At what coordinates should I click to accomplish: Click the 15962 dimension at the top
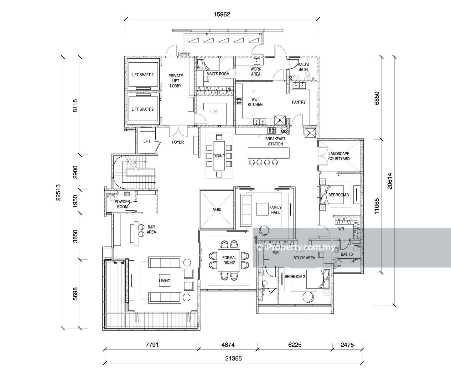pyautogui.click(x=222, y=14)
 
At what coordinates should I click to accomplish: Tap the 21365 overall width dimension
pyautogui.click(x=234, y=365)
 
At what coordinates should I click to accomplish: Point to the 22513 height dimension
pyautogui.click(x=58, y=192)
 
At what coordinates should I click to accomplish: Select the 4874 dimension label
pyautogui.click(x=228, y=345)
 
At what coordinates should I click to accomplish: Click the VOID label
pyautogui.click(x=217, y=209)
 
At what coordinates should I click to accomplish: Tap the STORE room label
pyautogui.click(x=214, y=112)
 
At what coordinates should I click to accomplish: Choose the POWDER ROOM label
pyautogui.click(x=122, y=204)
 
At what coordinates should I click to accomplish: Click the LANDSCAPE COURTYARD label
pyautogui.click(x=339, y=156)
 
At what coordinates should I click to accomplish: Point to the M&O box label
pyautogui.click(x=284, y=131)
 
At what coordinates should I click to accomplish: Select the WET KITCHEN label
pyautogui.click(x=255, y=102)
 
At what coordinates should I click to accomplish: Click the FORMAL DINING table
pyautogui.click(x=229, y=260)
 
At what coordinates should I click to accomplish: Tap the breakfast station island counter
pyautogui.click(x=268, y=153)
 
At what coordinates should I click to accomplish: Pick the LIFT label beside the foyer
pyautogui.click(x=147, y=141)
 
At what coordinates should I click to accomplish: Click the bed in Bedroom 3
pyautogui.click(x=332, y=195)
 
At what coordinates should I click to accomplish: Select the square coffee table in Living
pyautogui.click(x=165, y=280)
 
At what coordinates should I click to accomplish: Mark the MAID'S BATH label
pyautogui.click(x=303, y=67)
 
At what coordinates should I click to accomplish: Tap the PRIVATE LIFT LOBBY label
pyautogui.click(x=176, y=81)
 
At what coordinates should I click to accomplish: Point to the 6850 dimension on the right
pyautogui.click(x=377, y=98)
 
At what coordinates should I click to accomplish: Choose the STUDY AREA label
pyautogui.click(x=304, y=258)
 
